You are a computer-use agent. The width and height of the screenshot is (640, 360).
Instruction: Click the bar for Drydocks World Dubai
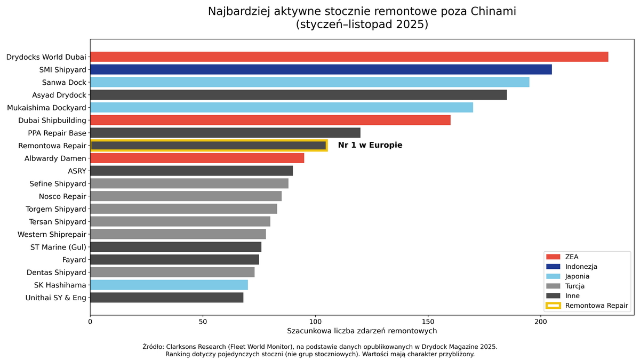349,57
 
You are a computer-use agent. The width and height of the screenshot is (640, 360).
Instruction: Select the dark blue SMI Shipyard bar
321,69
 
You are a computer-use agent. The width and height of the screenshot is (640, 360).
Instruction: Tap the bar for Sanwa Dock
309,82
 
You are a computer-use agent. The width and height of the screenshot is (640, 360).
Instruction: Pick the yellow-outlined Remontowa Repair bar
208,146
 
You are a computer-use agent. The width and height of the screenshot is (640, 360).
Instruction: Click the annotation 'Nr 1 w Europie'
370,145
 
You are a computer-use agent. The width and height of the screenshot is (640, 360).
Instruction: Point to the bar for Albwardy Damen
197,158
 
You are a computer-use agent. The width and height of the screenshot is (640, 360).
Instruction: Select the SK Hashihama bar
169,285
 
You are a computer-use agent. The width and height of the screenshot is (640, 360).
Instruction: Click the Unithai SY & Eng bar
166,298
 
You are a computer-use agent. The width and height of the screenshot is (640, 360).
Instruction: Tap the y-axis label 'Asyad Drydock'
59,95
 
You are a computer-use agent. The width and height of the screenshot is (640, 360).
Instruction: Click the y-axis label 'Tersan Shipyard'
58,222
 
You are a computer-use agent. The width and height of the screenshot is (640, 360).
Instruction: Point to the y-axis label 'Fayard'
74,260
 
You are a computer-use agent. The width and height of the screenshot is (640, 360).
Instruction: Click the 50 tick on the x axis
203,322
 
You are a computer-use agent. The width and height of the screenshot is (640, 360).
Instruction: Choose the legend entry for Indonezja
581,267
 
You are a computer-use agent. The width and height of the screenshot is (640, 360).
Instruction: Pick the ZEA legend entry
571,257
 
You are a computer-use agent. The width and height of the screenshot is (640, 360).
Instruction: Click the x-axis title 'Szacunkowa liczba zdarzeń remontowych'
362,331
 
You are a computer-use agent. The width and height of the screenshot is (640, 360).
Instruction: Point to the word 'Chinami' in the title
493,12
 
